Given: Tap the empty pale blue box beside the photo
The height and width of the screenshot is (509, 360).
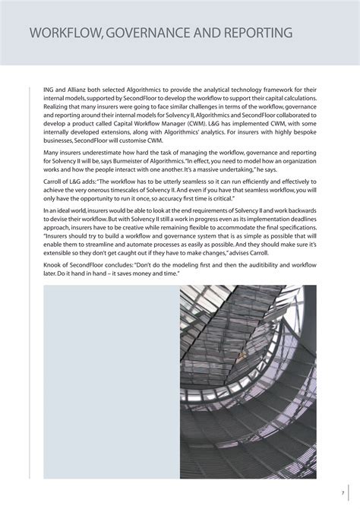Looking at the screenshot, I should point(111,382).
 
